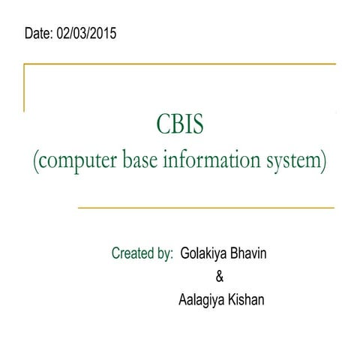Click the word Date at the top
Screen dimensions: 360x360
(x=38, y=34)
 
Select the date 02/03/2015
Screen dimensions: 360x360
(x=86, y=34)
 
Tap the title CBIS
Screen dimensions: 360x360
(x=179, y=124)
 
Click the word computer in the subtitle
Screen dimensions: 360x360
(x=80, y=161)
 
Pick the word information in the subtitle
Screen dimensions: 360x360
(x=224, y=160)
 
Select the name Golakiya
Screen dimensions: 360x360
(x=205, y=253)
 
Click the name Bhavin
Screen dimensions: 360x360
(x=249, y=253)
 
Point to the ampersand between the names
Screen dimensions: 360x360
(x=219, y=277)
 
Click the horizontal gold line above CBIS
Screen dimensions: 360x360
(x=180, y=65)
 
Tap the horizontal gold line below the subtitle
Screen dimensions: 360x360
(x=206, y=207)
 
